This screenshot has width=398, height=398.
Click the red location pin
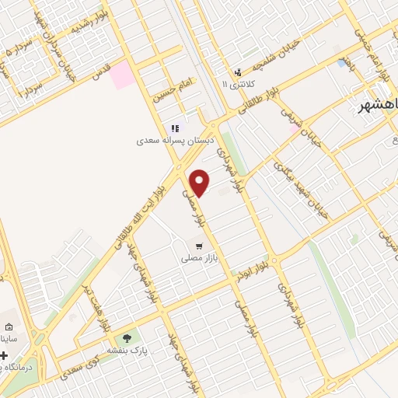click(200, 182)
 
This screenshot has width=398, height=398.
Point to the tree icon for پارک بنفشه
click(127, 337)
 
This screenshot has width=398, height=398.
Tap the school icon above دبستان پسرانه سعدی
click(174, 128)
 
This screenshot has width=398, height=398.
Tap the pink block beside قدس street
click(122, 76)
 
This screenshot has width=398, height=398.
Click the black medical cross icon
click(4, 355)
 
